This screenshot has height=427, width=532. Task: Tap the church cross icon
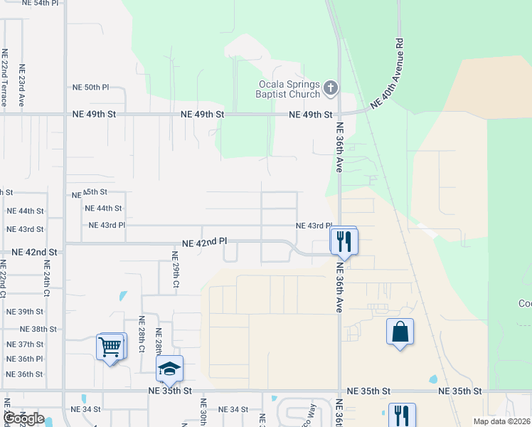click(330, 88)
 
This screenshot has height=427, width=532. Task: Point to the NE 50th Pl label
click(90, 88)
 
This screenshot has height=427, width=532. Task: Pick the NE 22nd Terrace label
click(4, 77)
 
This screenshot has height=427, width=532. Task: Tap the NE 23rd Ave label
click(22, 85)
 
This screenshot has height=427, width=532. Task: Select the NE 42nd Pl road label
click(203, 243)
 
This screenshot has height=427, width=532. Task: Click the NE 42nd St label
click(34, 253)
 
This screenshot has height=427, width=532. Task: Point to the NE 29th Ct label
click(175, 270)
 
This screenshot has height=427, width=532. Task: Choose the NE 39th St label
click(25, 312)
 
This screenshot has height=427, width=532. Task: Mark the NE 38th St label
click(38, 329)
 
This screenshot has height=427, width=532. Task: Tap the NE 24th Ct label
click(47, 283)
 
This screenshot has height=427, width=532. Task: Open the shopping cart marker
click(110, 347)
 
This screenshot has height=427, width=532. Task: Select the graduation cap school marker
click(169, 369)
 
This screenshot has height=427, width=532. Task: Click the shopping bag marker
click(400, 332)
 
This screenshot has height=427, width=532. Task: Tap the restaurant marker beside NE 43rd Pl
click(344, 241)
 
